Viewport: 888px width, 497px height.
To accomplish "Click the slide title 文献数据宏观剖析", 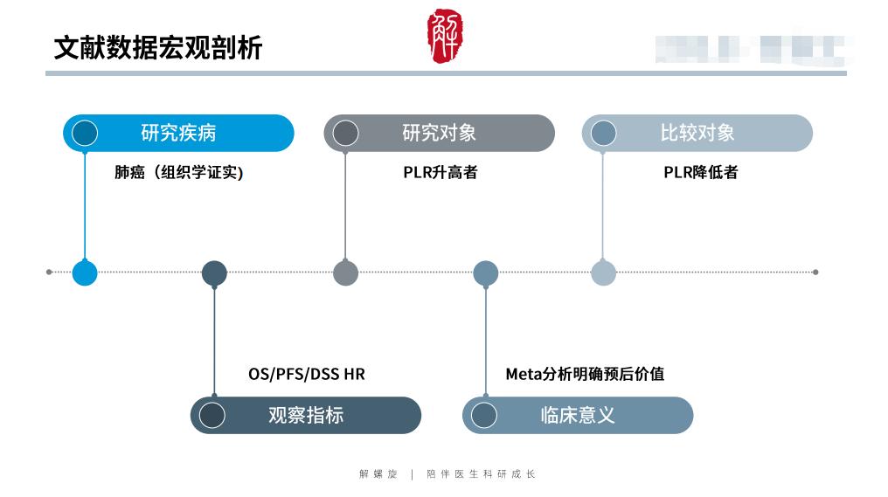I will [158, 47].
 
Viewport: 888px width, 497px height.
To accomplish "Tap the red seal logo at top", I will [445, 36].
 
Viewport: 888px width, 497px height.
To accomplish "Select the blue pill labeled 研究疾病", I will [178, 133].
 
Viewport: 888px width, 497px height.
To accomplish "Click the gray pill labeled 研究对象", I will [439, 133].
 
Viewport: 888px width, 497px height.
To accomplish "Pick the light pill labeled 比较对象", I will [697, 133].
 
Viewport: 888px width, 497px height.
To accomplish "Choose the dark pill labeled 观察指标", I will [305, 415].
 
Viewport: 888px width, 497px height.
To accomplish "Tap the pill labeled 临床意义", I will [577, 415].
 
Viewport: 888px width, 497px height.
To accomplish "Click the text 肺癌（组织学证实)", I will [178, 172].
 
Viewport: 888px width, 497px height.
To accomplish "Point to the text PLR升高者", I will [440, 172].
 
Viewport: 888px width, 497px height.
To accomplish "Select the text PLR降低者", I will [700, 172].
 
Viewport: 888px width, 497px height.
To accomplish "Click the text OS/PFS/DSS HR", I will [306, 374].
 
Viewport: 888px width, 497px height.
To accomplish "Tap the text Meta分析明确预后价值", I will [585, 374].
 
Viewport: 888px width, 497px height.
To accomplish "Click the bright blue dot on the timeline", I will [85, 273].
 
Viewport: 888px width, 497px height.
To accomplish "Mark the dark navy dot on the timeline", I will [214, 273].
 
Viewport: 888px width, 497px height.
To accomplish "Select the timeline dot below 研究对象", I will [345, 273].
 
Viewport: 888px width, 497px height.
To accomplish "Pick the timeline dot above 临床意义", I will [485, 273].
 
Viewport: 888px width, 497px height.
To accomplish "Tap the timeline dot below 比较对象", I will [603, 273].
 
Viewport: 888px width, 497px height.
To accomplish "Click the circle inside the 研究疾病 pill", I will [85, 133].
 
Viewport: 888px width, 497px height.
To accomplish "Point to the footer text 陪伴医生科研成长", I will [481, 474].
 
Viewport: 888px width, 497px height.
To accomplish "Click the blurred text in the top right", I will [752, 49].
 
